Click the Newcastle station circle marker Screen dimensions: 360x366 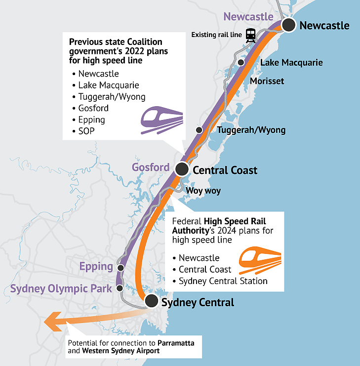tap(289, 25)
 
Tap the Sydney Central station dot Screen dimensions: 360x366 tap(152, 301)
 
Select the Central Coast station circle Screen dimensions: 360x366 tap(182, 169)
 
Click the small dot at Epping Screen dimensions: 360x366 tap(120, 268)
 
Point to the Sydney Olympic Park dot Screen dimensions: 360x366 tap(120, 288)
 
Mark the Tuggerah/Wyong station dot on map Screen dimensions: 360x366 tap(199, 130)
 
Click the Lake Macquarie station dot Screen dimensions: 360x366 tap(241, 63)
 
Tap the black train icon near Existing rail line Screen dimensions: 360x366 tap(250, 36)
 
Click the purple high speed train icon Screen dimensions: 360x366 tap(162, 120)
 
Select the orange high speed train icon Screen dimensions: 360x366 tap(260, 260)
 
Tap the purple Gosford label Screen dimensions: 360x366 tap(151, 167)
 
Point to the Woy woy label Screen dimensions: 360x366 tap(203, 191)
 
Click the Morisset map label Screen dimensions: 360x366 tap(267, 81)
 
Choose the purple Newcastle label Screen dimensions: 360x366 tap(248, 17)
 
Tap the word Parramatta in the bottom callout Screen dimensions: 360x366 tap(176, 343)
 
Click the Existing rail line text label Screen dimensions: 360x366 tap(216, 35)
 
